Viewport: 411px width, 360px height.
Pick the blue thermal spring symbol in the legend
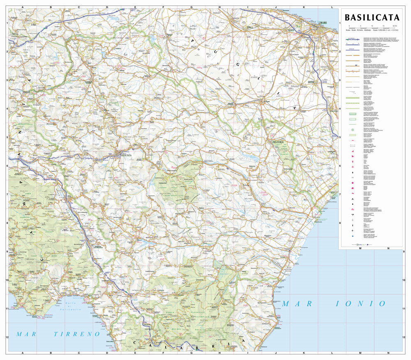(x=353, y=236)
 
